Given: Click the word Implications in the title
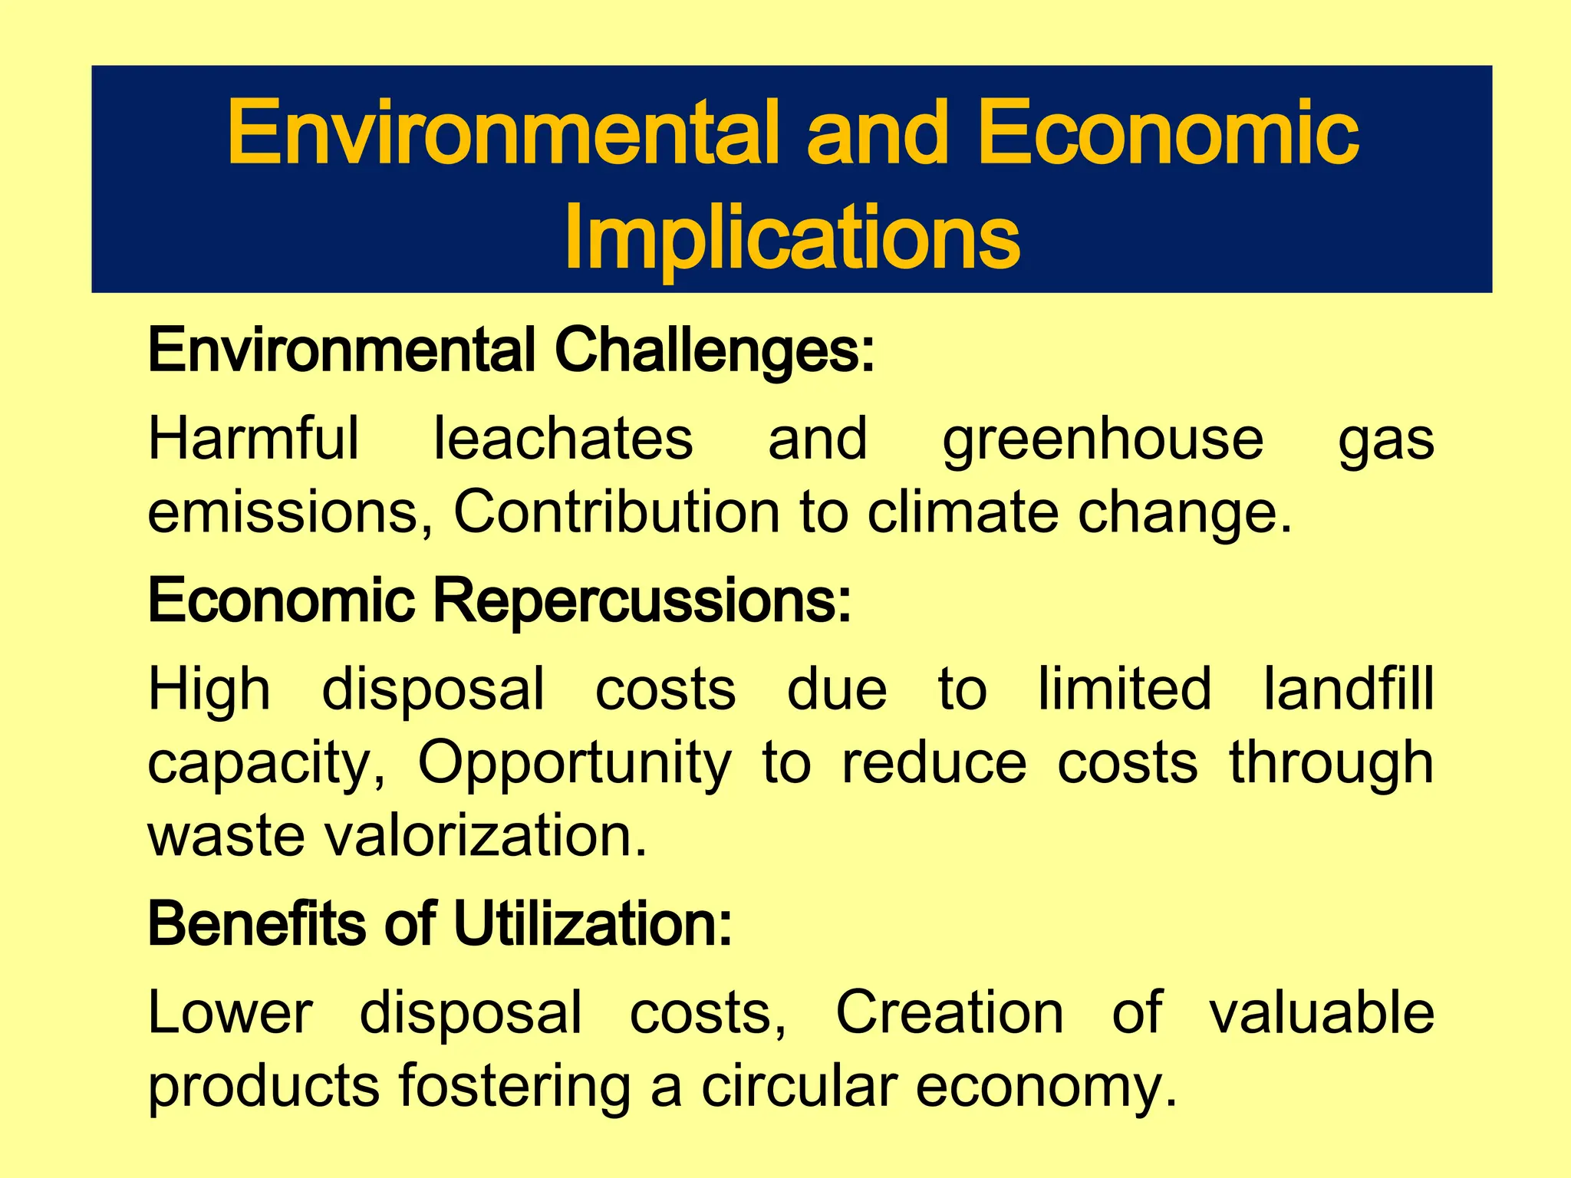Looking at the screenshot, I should pos(792,238).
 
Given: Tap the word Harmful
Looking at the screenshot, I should pos(253,439).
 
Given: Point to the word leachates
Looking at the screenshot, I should pos(564,439).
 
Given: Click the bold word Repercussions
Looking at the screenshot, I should pos(642,601).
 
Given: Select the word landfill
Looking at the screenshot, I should pos(1349,689).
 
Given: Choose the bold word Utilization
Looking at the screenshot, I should pos(593,924).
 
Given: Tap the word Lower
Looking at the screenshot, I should pos(230,1013).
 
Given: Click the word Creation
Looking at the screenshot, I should pos(950,1013).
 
